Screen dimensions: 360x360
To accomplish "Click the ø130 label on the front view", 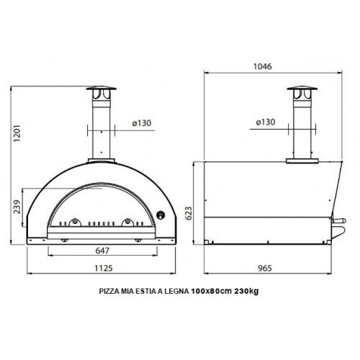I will [x=141, y=123].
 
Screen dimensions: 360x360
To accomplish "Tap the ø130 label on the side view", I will [x=267, y=123].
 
